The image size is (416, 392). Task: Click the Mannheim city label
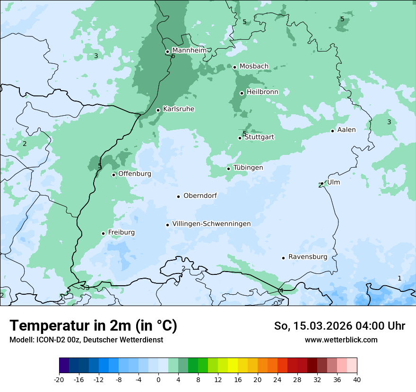click(189, 50)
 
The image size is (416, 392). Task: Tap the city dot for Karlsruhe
click(158, 110)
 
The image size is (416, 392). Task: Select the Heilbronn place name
click(262, 92)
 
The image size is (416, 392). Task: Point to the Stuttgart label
click(259, 137)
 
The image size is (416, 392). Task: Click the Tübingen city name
click(248, 168)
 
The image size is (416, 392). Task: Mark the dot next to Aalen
click(332, 131)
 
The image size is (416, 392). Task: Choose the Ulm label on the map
click(333, 182)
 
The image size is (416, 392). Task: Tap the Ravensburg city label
click(308, 257)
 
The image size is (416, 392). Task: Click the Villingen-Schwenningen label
click(211, 224)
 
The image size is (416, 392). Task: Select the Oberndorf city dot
click(178, 196)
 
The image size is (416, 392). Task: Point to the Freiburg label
click(121, 232)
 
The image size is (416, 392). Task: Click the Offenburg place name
click(135, 174)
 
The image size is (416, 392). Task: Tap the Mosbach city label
click(254, 67)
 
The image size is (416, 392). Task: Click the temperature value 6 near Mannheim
click(173, 56)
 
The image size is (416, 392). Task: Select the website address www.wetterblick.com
click(341, 340)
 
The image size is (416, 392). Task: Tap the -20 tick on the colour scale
click(59, 379)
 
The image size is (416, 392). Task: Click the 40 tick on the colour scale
click(357, 379)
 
